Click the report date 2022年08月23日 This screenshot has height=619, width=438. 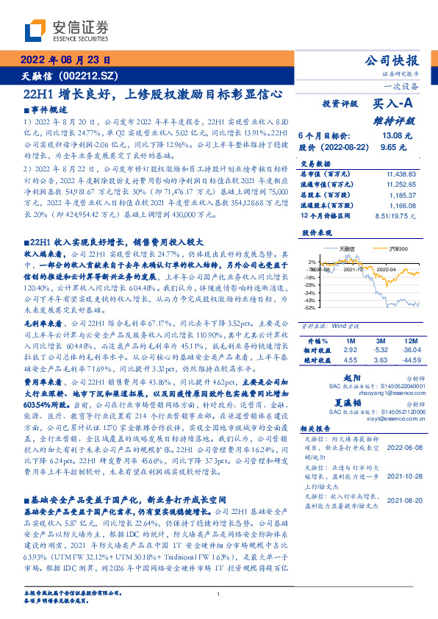(65, 60)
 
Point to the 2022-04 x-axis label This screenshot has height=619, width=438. (388, 269)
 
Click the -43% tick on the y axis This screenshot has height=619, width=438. (312, 301)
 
